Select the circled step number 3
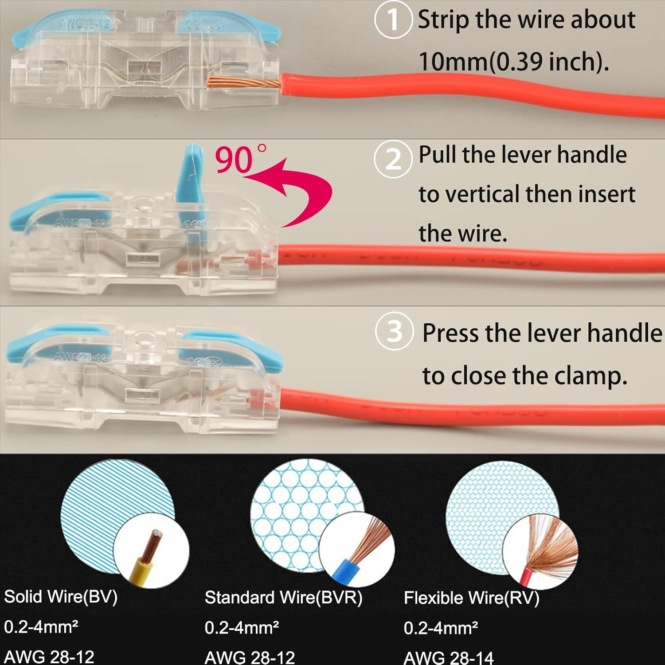click(394, 331)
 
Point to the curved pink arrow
click(306, 191)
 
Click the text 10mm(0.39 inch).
click(513, 61)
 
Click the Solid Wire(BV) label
click(61, 597)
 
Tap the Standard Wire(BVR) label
click(283, 598)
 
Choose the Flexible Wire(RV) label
click(471, 598)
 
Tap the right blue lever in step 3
click(235, 346)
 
